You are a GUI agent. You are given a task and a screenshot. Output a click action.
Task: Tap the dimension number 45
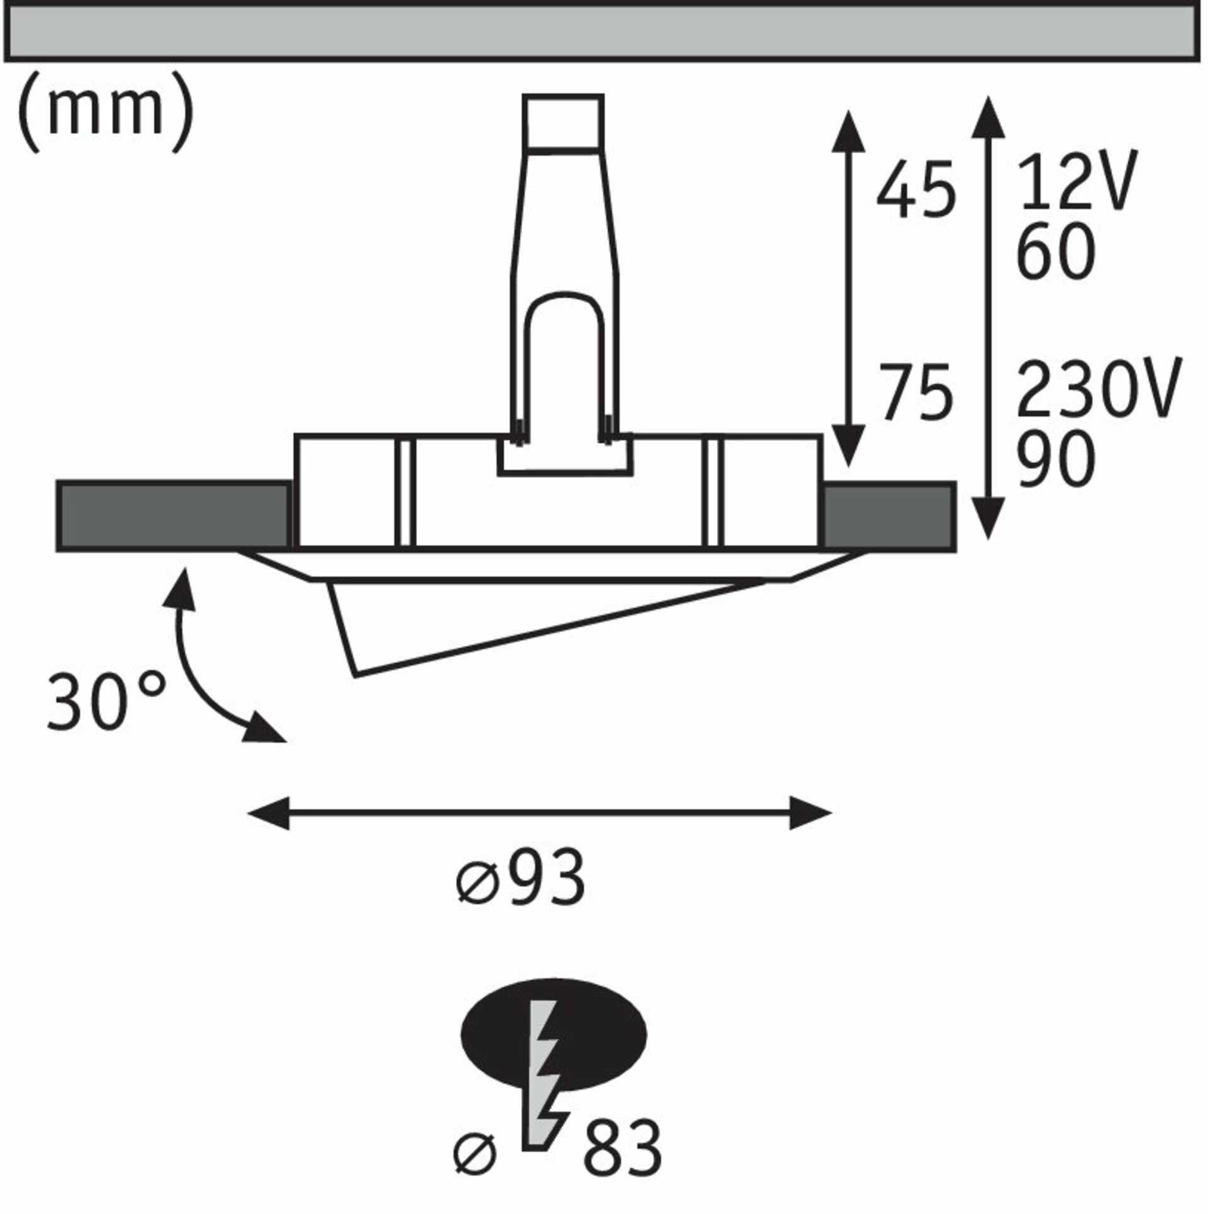916,189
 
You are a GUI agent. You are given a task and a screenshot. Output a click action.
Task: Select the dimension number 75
916,392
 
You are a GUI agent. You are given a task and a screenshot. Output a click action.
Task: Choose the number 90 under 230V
1055,460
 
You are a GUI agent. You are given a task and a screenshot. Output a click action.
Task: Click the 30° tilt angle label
107,700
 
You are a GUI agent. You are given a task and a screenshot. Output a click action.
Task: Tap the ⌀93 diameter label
520,879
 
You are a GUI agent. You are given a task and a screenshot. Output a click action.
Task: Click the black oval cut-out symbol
554,1035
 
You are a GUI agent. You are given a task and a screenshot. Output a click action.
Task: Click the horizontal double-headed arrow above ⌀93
540,813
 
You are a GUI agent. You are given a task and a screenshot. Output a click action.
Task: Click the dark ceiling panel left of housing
174,515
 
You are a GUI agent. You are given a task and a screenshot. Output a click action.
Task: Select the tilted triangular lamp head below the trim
541,627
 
